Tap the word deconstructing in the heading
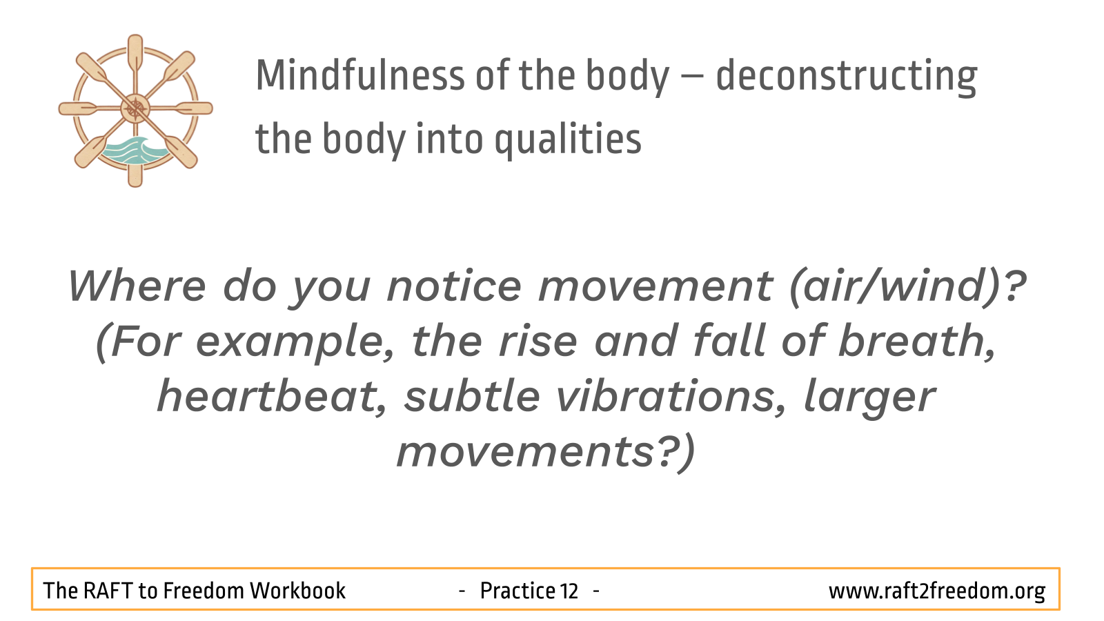(846, 77)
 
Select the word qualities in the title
(568, 140)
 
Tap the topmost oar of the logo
(135, 52)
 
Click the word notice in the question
(455, 286)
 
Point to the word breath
(916, 342)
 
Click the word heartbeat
(271, 397)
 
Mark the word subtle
(472, 397)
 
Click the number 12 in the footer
(569, 591)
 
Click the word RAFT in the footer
(108, 591)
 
